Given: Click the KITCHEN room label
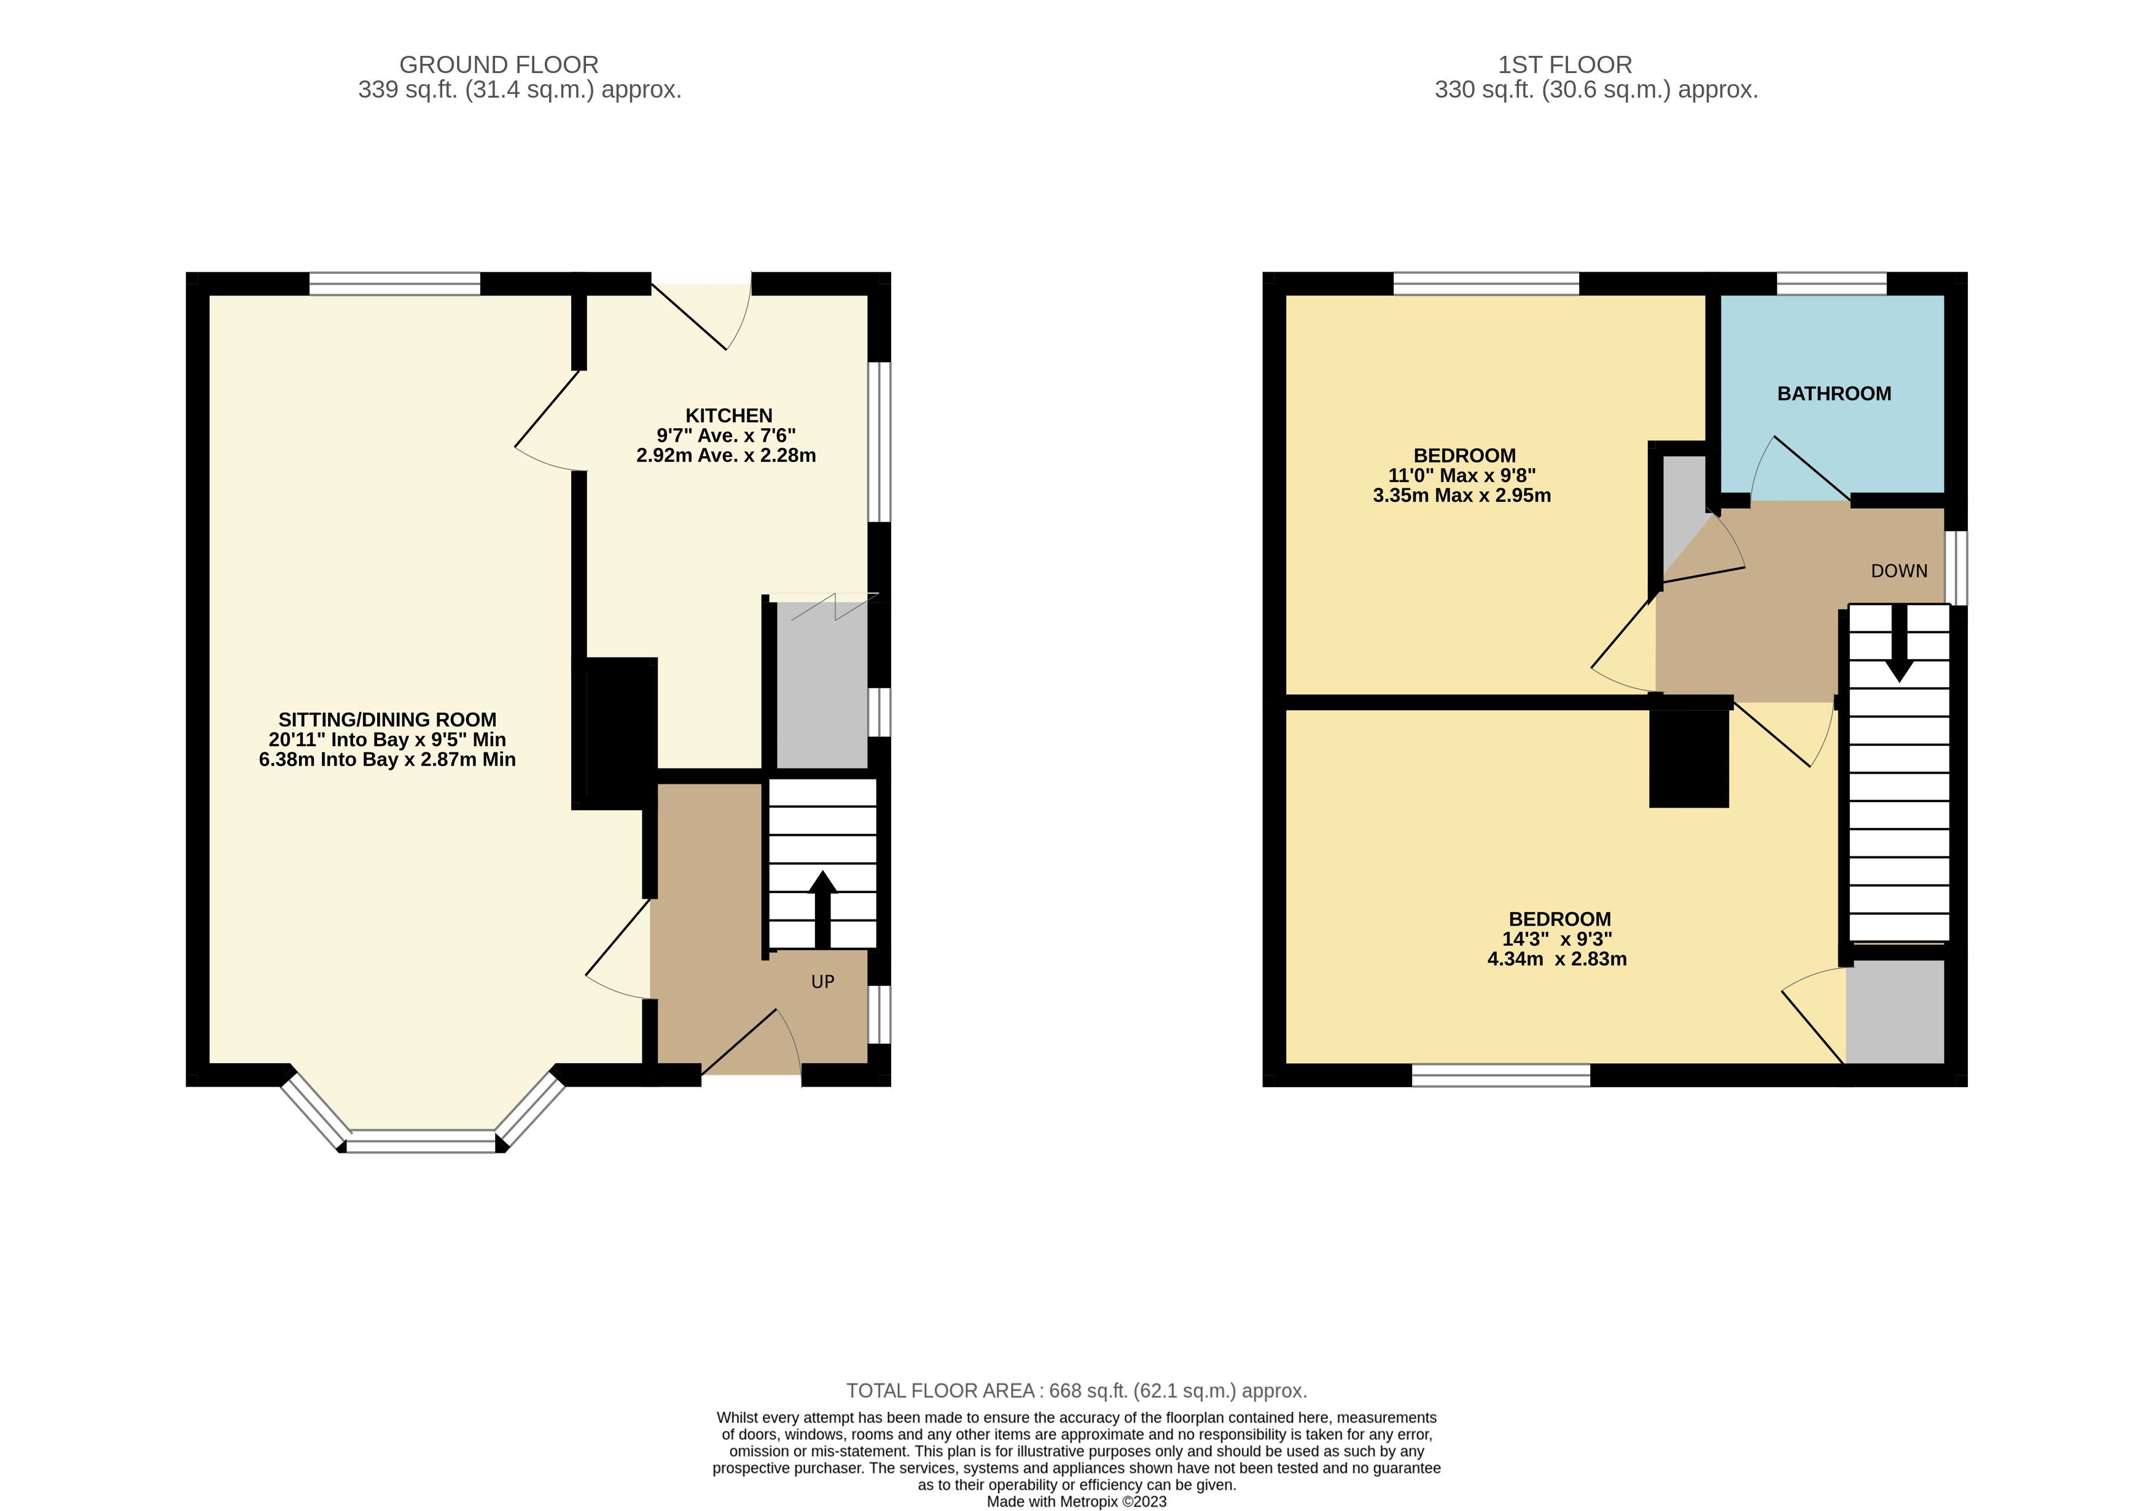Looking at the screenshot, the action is pos(729,415).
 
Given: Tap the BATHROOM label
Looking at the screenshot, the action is pos(1834,394).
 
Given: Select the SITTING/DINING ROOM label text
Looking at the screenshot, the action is pos(388,719).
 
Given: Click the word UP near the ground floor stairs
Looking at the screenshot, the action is pos(823,982).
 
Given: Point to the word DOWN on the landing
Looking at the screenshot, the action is pos(1899,571).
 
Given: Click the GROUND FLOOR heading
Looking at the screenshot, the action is pos(499,64).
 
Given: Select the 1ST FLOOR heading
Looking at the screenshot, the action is pos(1565,64).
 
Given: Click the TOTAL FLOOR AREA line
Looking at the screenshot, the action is pos(1077,1391).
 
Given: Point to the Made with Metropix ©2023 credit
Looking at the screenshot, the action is pos(1077,1502).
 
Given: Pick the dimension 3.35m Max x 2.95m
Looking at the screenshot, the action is pos(1462,495).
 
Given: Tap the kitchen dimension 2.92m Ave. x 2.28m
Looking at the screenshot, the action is pos(726,456).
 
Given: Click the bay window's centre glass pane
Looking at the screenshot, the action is pos(421,1141).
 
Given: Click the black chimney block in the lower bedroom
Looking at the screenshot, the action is pos(1688,758).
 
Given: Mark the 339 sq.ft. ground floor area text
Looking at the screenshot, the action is pos(520,90).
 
